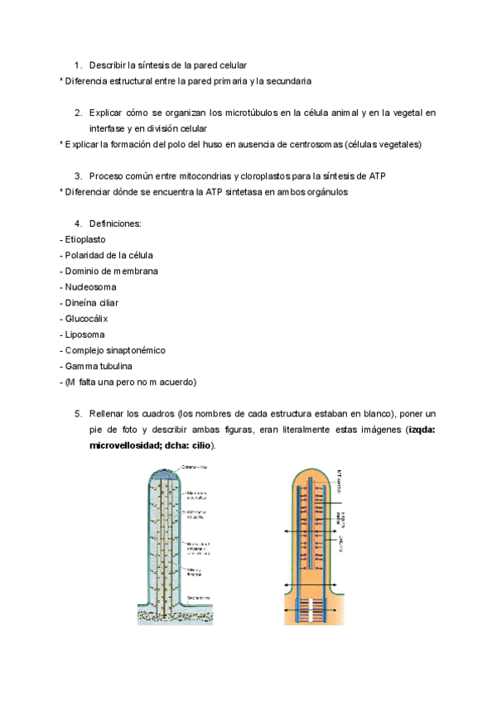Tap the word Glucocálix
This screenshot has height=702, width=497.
(87, 318)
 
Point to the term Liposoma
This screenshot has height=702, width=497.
(84, 334)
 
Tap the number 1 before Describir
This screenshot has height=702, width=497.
(77, 65)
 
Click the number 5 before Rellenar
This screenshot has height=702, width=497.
(77, 413)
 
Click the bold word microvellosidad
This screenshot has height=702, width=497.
(132, 445)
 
